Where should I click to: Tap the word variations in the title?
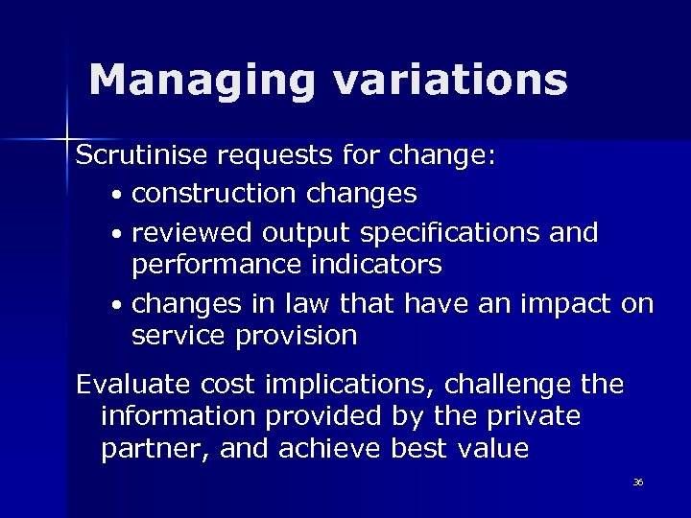click(450, 81)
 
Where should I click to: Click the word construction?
click(214, 194)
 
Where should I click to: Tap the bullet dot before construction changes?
click(115, 196)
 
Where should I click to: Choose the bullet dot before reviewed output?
click(115, 235)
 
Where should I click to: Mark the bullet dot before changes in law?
click(115, 306)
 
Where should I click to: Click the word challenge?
click(509, 386)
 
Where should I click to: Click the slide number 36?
click(638, 482)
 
